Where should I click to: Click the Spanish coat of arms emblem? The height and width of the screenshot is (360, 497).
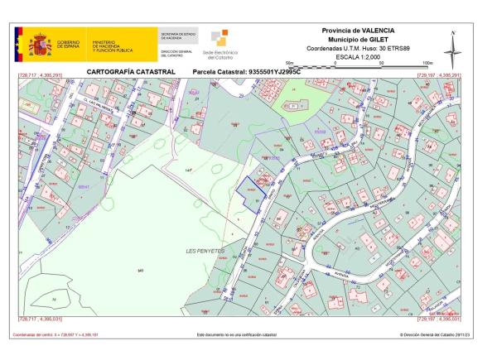[40, 44]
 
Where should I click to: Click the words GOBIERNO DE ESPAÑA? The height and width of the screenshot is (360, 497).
[69, 44]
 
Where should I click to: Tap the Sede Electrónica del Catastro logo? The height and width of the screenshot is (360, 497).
[220, 45]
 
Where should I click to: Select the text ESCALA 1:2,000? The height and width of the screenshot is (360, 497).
[360, 57]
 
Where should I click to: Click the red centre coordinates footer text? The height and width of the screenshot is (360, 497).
[55, 334]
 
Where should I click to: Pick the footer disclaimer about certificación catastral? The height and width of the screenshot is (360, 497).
[236, 334]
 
